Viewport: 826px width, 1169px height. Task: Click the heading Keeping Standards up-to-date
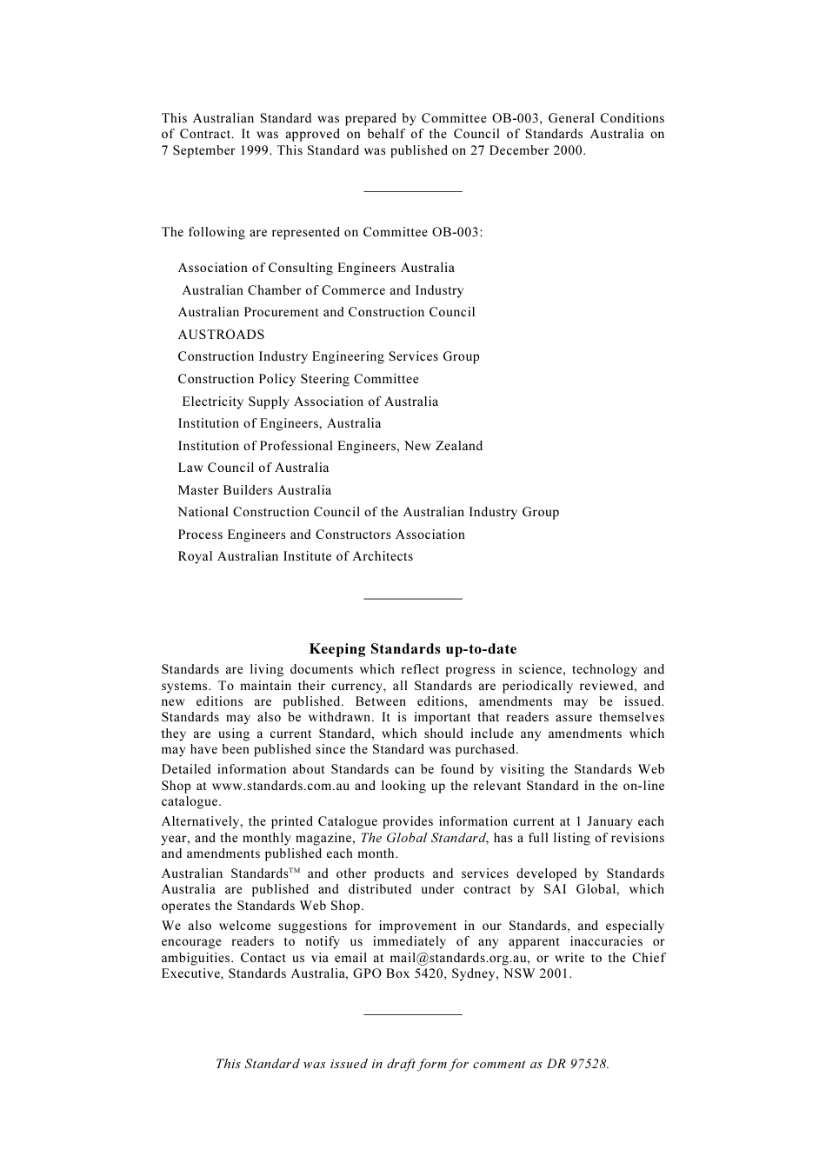[413, 649]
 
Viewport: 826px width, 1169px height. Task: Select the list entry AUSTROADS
[221, 335]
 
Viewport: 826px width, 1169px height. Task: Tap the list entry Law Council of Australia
[253, 468]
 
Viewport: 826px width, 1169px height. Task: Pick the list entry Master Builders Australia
[254, 490]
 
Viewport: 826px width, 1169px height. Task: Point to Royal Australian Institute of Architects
[295, 556]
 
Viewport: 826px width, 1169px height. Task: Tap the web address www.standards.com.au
[281, 786]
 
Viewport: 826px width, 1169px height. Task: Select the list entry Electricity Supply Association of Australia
[310, 402]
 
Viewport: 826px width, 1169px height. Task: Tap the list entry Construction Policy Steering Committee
[298, 379]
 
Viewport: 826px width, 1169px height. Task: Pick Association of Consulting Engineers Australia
[316, 268]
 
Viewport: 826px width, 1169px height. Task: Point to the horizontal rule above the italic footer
[413, 1013]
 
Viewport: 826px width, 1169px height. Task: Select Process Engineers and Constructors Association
[321, 535]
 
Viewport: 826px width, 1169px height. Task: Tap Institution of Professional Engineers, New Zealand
[330, 446]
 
